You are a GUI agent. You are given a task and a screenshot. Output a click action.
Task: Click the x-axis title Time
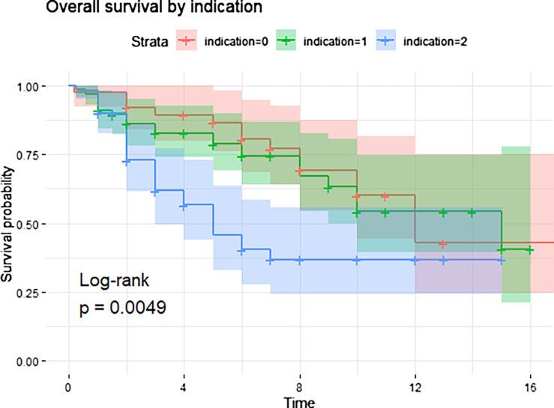(300, 402)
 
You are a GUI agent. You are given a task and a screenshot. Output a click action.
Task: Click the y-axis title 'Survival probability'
(9, 224)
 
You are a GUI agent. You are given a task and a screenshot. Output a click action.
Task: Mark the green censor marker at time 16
(530, 249)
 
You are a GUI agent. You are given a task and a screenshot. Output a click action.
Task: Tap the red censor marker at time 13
(444, 244)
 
